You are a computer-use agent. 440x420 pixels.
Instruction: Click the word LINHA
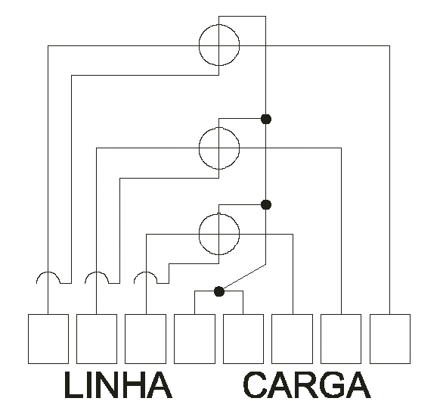click(118, 385)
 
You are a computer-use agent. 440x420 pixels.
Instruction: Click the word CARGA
click(307, 385)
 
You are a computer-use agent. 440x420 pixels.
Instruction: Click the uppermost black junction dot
click(266, 119)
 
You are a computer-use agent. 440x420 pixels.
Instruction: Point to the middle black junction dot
click(266, 205)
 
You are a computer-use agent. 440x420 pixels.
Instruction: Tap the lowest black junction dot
click(219, 291)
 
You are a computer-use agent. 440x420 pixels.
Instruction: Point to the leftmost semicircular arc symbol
click(48, 272)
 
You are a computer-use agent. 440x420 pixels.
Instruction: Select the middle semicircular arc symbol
click(97, 272)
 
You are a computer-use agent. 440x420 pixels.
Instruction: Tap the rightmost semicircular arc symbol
click(146, 272)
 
